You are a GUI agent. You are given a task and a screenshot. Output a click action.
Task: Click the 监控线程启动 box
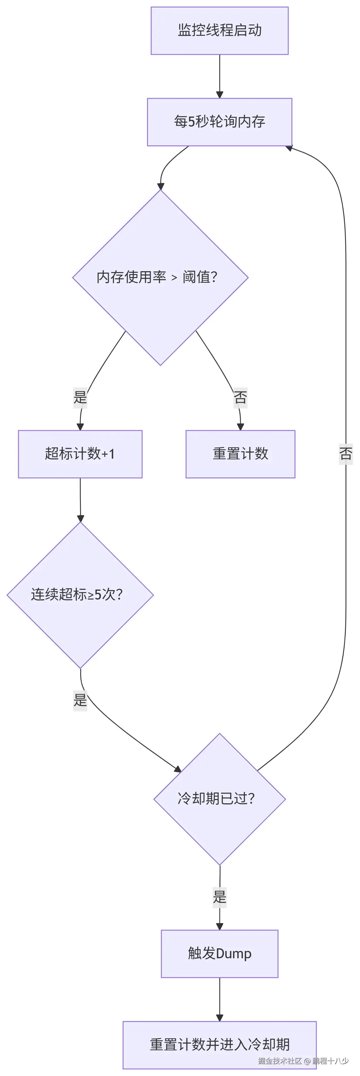(x=219, y=30)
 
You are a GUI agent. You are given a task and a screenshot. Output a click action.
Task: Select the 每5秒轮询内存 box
(x=219, y=122)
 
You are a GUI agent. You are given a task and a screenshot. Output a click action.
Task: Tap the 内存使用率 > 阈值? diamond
(x=160, y=277)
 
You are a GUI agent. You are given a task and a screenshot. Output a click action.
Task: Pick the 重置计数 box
(x=240, y=454)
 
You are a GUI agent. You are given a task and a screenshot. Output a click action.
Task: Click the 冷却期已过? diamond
(x=219, y=799)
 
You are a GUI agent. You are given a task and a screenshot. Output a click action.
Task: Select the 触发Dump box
(x=219, y=954)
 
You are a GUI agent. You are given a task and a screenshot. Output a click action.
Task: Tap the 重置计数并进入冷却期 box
(x=219, y=1045)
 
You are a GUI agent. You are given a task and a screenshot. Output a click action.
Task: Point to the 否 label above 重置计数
(x=240, y=397)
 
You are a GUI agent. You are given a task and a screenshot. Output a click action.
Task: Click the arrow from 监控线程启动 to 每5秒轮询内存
(x=219, y=77)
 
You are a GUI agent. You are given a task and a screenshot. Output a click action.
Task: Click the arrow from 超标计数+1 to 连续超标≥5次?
(x=80, y=500)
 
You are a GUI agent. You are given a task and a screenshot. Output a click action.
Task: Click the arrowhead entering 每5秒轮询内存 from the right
(x=289, y=148)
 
